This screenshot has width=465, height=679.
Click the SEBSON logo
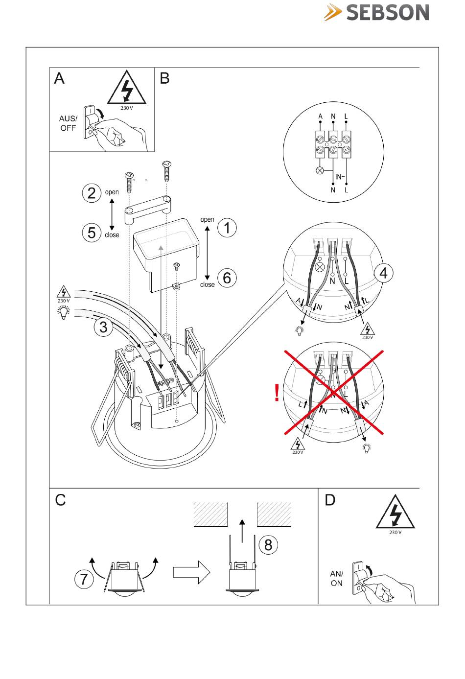pos(376,13)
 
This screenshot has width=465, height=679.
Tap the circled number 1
pos(227,228)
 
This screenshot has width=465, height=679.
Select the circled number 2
pos(92,193)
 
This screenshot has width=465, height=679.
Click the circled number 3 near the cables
pos(103,327)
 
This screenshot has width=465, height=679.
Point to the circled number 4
pos(383,273)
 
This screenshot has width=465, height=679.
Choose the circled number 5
pos(92,233)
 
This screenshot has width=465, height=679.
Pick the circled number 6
pos(227,278)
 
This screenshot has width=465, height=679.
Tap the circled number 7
pos(84,579)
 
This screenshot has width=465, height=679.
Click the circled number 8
pos(268,544)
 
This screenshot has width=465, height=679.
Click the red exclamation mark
pos(277,393)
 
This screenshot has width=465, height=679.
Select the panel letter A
pos(59,78)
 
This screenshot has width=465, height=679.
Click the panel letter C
pos(60,500)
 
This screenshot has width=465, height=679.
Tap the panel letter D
pos(330,500)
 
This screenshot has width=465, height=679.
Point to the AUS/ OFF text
pos(68,123)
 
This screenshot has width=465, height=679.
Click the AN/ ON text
pos(337,578)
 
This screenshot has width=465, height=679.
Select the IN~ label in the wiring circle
pos(340,177)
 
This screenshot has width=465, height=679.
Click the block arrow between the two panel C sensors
pos(191,572)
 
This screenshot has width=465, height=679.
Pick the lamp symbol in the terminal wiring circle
pos(321,171)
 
